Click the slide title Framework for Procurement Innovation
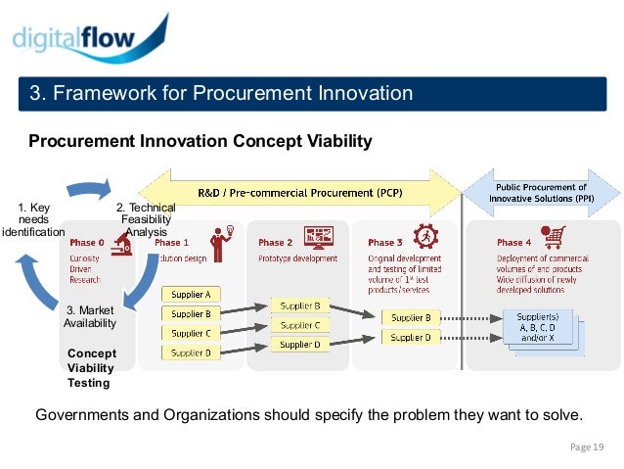(x=220, y=94)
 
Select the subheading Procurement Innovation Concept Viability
(x=200, y=142)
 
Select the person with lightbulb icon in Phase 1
(x=218, y=241)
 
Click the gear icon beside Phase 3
(x=425, y=238)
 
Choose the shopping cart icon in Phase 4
(x=555, y=239)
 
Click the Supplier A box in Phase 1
(x=191, y=295)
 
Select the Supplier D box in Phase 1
(x=191, y=352)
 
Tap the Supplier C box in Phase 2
(x=299, y=325)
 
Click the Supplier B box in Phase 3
(x=411, y=317)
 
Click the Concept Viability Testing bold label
(x=91, y=368)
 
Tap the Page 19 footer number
(x=587, y=447)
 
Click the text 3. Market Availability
(x=90, y=317)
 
